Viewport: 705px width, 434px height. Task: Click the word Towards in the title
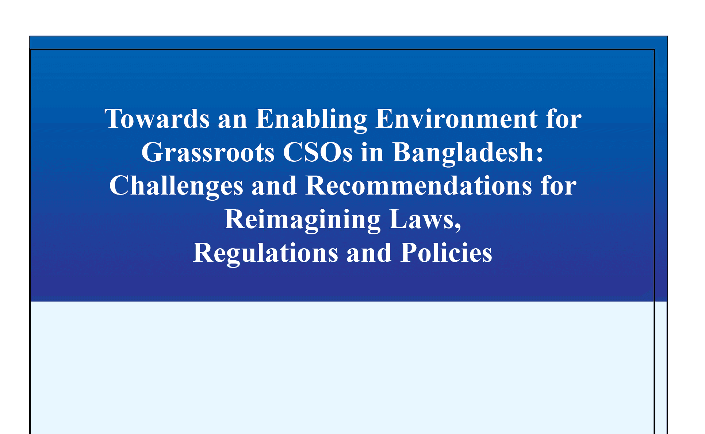click(157, 119)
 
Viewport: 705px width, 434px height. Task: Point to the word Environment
click(456, 119)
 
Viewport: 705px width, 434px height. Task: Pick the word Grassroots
click(208, 153)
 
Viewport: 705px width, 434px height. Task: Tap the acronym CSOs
click(318, 153)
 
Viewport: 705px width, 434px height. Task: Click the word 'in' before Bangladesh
click(372, 153)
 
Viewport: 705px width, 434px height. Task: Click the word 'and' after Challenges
click(274, 186)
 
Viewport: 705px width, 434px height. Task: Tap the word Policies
click(446, 253)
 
